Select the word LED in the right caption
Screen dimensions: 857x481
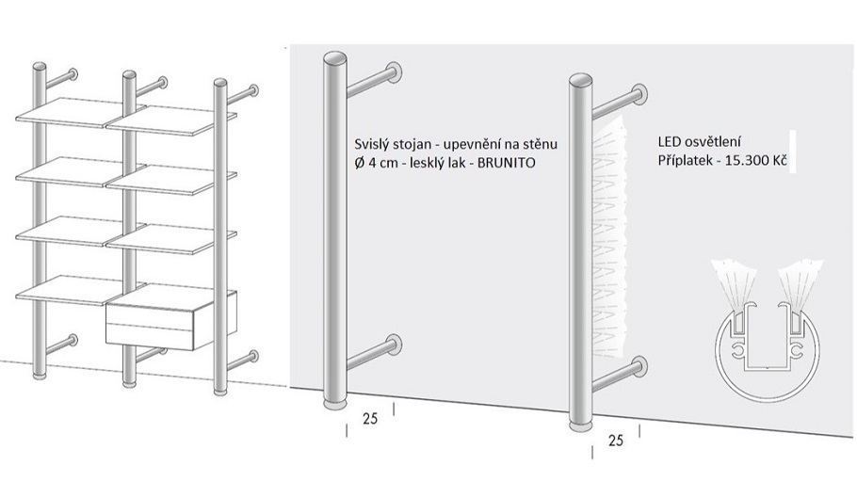pyautogui.click(x=669, y=142)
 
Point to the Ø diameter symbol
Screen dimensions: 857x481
pyautogui.click(x=359, y=162)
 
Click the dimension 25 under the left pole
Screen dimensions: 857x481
pyautogui.click(x=370, y=419)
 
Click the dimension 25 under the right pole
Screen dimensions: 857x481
pyautogui.click(x=615, y=441)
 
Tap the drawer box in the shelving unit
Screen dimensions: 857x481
pyautogui.click(x=170, y=320)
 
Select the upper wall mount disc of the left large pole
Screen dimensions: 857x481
pyautogui.click(x=394, y=73)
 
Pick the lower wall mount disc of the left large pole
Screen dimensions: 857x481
pyautogui.click(x=394, y=344)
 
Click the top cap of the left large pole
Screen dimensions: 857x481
pyautogui.click(x=335, y=58)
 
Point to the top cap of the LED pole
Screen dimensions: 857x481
pyautogui.click(x=580, y=80)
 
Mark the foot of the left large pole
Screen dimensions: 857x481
pyautogui.click(x=335, y=405)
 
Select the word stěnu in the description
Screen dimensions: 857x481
pyautogui.click(x=542, y=144)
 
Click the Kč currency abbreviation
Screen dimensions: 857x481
pyautogui.click(x=781, y=161)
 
